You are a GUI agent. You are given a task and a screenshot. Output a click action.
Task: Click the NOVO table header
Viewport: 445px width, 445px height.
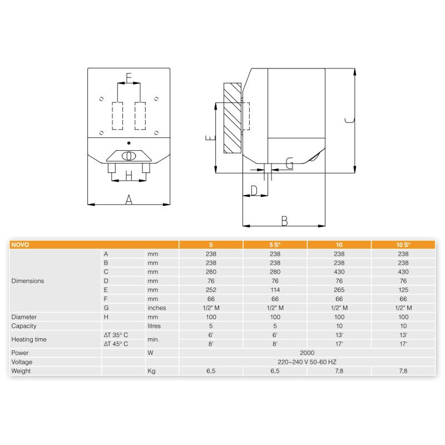(20, 245)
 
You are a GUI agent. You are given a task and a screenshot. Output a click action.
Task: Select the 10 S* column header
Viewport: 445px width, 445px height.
(403, 245)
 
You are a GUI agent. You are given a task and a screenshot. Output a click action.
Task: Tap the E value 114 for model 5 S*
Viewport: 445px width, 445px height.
(275, 290)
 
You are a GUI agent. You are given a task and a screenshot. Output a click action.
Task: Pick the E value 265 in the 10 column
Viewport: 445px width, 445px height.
(339, 290)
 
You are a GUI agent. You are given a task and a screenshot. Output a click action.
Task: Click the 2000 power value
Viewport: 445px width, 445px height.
(307, 353)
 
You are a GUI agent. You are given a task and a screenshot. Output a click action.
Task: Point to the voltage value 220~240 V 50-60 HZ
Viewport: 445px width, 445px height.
(307, 362)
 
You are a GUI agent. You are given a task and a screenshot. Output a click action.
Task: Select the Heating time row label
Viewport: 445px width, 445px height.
(29, 339)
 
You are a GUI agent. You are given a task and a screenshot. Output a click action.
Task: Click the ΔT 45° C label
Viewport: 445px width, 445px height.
(116, 344)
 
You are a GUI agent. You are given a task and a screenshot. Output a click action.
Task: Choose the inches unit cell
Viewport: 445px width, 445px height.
(157, 308)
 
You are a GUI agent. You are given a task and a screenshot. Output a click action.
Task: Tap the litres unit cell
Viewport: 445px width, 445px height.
(154, 326)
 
